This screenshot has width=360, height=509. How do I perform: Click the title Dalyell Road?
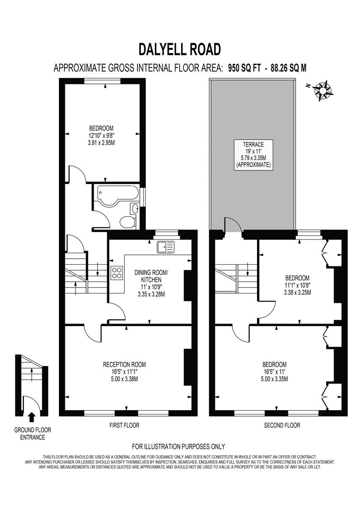180,49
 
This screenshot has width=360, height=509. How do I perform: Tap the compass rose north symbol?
325,89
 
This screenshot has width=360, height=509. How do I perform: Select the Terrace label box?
253,154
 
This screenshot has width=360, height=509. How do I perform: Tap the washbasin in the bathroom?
135,209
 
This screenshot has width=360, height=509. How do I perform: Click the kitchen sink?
165,246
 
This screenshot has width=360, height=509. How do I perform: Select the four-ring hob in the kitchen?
117,273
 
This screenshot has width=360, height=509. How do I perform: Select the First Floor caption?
124,425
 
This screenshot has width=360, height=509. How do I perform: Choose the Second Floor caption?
282,425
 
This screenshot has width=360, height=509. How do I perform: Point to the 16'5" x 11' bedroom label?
274,372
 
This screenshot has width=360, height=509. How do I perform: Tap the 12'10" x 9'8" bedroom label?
101,135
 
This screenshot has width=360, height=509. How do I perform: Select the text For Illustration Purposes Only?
178,446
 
